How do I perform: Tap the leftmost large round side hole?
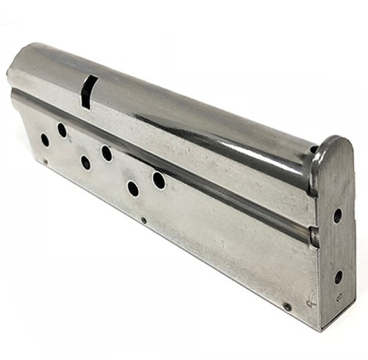[x=45, y=139]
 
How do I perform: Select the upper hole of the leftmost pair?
[x=62, y=130]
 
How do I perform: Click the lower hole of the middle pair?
[x=85, y=163]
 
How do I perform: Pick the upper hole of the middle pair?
[x=107, y=153]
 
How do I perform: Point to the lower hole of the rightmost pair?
[x=133, y=188]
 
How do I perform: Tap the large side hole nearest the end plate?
[x=159, y=180]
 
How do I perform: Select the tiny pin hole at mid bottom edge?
[x=143, y=219]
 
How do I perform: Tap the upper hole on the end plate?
[x=337, y=216]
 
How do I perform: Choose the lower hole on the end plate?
[x=338, y=277]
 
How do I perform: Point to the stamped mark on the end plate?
[x=338, y=298]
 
